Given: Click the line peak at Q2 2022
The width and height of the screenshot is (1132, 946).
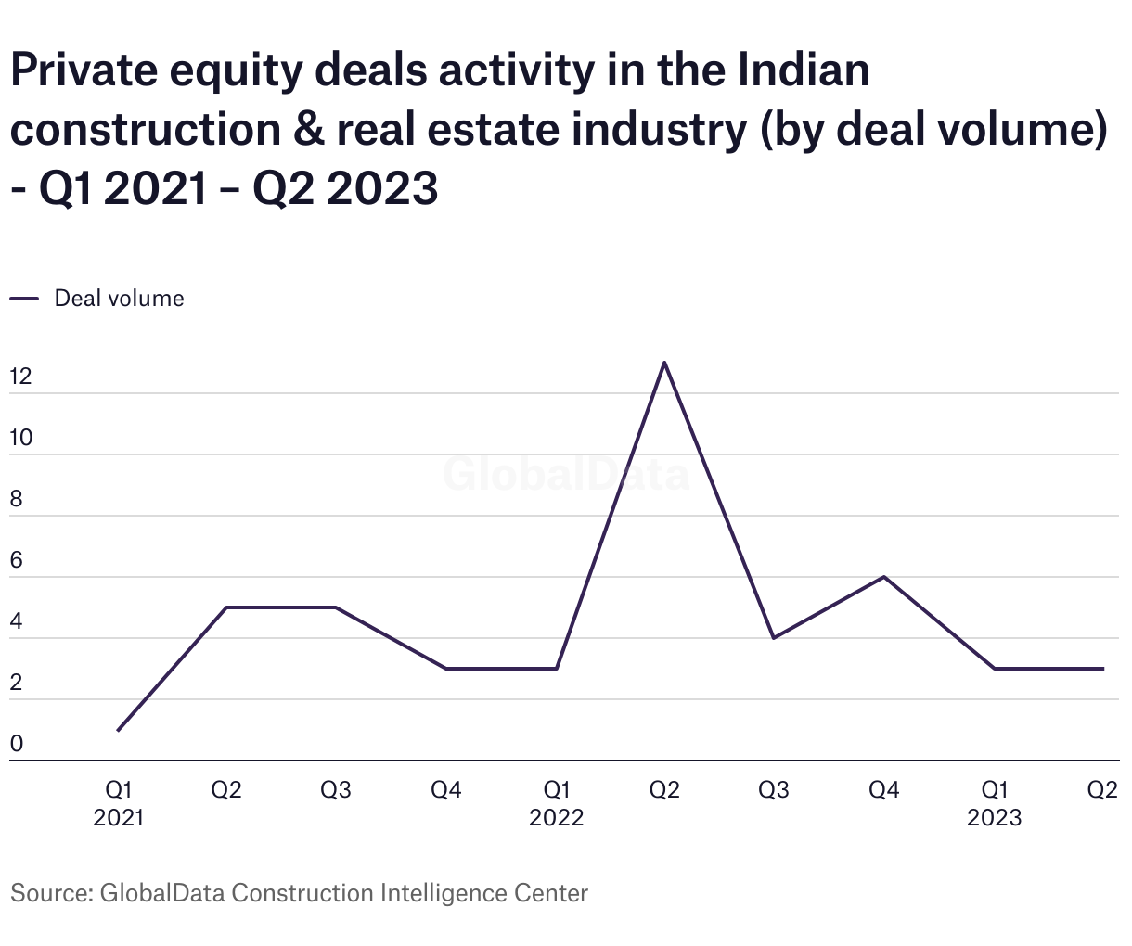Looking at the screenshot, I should click(x=664, y=363).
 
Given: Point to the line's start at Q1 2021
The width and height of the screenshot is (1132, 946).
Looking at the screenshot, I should click(x=119, y=730).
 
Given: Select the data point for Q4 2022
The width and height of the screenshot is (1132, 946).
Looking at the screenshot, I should click(x=884, y=577).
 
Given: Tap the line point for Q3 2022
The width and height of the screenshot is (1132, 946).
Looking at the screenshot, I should click(x=774, y=638).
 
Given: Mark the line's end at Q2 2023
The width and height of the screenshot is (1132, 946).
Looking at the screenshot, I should click(x=1103, y=669).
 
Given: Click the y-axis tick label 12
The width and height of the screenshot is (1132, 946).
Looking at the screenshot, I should click(x=20, y=377).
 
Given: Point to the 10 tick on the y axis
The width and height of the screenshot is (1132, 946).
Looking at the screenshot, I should click(x=20, y=438).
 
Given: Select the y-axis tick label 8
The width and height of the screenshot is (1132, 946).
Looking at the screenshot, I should click(x=16, y=499).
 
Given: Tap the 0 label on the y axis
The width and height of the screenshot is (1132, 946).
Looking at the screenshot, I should click(x=16, y=745).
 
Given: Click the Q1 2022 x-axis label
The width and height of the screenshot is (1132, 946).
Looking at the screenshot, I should click(x=557, y=803).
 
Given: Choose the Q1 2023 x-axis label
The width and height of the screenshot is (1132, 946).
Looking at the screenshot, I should click(x=994, y=803).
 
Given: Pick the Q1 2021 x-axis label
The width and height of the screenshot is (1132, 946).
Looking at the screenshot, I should click(x=119, y=803).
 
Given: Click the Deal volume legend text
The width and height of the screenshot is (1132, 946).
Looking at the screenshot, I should click(x=119, y=299).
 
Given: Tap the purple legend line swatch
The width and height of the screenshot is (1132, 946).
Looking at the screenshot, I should click(x=24, y=299).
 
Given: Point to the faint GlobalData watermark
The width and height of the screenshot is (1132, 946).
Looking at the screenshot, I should click(x=566, y=474).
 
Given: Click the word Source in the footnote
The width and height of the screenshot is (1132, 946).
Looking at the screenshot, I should click(x=48, y=893).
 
